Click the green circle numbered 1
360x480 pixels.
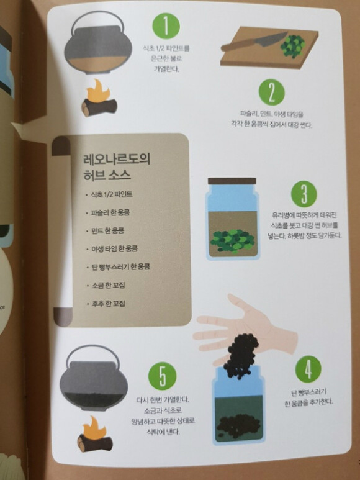166,26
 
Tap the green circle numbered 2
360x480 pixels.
272,93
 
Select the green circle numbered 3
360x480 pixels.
304,194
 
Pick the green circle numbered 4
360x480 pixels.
308,369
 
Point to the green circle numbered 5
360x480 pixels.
163,376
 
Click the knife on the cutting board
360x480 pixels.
254,42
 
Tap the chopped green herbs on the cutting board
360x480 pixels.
293,46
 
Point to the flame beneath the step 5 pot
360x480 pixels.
95,428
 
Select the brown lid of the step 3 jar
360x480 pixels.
232,181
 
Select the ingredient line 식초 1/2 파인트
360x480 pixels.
112,194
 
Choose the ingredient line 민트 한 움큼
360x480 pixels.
108,230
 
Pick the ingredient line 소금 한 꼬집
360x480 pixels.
108,285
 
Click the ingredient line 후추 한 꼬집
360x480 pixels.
108,304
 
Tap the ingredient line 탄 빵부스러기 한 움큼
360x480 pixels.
121,267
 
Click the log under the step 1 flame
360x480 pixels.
99,107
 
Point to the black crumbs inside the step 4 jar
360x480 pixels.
238,424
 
